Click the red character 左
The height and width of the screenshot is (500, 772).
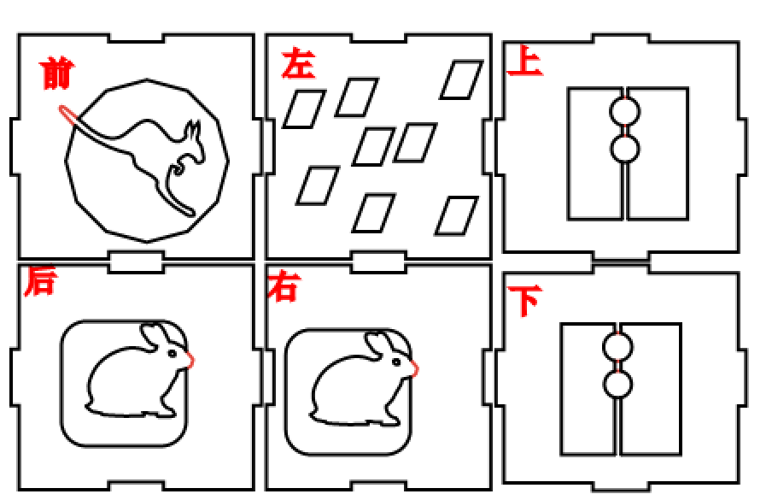(298, 65)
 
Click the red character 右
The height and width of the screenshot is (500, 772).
(283, 287)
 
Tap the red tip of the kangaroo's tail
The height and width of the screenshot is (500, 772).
(65, 113)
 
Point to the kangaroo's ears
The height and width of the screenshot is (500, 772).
(195, 132)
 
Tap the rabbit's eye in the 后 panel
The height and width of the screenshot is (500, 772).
(173, 351)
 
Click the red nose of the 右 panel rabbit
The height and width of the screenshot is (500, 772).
(415, 368)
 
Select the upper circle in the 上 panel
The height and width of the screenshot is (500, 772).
(624, 111)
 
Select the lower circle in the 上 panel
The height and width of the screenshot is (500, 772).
(624, 149)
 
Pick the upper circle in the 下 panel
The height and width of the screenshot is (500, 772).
(617, 347)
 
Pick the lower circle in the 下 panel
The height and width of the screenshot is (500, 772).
(617, 384)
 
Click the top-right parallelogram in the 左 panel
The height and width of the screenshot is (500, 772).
(461, 79)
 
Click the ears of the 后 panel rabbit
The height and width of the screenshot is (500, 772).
(155, 335)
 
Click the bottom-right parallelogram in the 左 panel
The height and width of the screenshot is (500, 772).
(456, 215)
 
